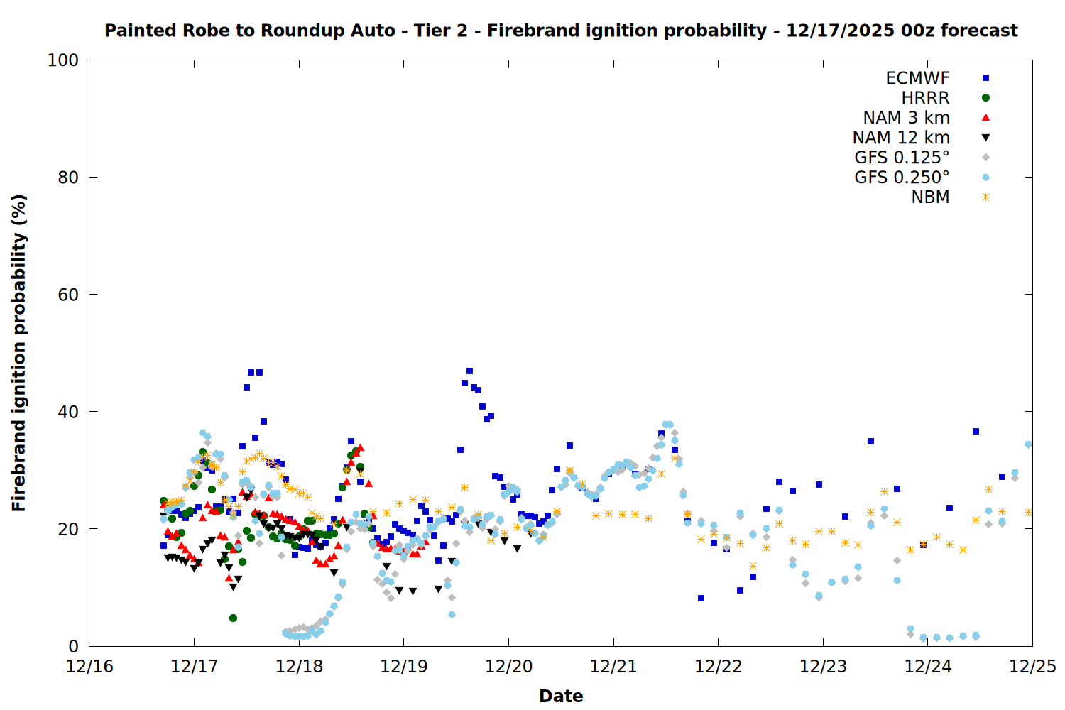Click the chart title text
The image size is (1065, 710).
click(x=561, y=31)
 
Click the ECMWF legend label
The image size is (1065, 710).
click(x=917, y=78)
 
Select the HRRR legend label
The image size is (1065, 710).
click(x=925, y=98)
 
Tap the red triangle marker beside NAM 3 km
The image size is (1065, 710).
click(x=985, y=117)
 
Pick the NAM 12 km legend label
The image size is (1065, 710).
click(x=901, y=138)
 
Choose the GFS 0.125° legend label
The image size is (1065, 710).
click(x=902, y=158)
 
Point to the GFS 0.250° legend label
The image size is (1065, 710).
click(x=902, y=177)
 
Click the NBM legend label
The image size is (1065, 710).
click(x=930, y=197)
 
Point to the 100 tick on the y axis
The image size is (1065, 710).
click(x=63, y=60)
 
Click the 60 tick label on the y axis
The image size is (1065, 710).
click(x=68, y=295)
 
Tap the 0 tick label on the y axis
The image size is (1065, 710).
click(x=73, y=646)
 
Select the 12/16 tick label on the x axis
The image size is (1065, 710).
click(x=89, y=667)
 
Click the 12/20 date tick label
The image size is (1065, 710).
click(x=508, y=667)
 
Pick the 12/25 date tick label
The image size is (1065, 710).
click(x=1032, y=667)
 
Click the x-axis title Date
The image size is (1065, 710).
click(x=561, y=696)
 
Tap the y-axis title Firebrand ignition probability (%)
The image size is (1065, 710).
click(x=19, y=353)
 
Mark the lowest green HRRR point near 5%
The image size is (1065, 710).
click(x=233, y=618)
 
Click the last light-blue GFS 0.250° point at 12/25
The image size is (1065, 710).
click(x=1028, y=444)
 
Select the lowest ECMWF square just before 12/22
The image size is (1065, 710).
click(x=701, y=598)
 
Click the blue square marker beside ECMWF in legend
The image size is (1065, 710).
click(x=985, y=78)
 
